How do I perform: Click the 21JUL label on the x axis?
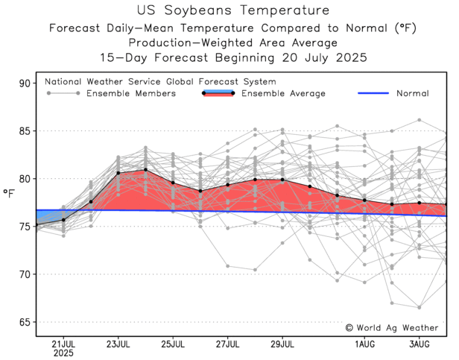[x=63, y=344]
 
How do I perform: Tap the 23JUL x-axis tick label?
[x=118, y=344]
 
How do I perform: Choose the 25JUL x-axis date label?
[x=173, y=344]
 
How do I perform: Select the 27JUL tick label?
[x=227, y=344]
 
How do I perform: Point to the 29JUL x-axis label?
[x=282, y=344]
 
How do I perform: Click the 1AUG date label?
[x=364, y=344]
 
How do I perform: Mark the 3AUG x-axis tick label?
[x=420, y=344]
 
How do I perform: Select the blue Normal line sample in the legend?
[x=379, y=93]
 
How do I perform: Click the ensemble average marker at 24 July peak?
[x=145, y=171]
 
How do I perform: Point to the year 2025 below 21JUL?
[x=63, y=353]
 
